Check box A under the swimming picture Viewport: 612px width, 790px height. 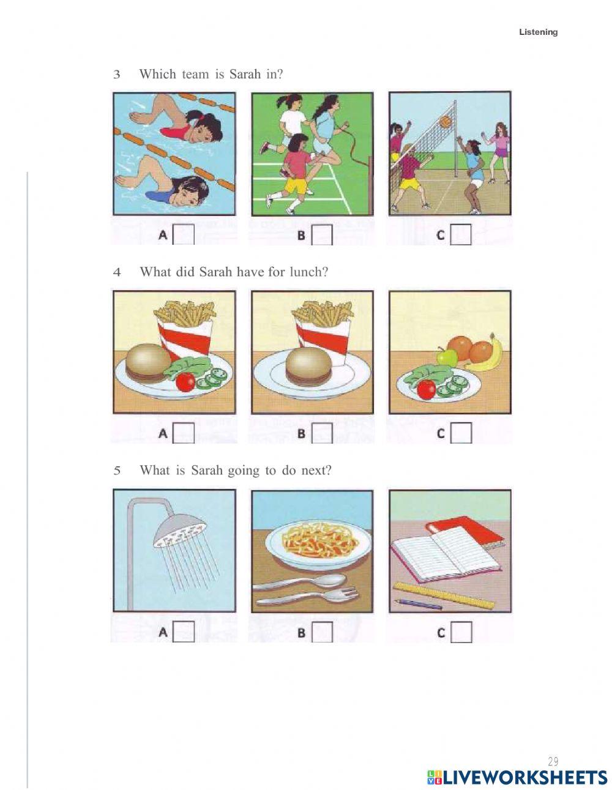[184, 235]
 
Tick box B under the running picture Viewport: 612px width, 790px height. [323, 235]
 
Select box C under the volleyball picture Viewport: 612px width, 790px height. [461, 235]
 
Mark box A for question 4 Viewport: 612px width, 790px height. [184, 433]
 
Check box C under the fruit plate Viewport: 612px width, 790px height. [461, 433]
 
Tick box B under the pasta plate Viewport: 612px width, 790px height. [323, 632]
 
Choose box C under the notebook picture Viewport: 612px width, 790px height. [461, 632]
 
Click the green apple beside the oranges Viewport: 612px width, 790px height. [447, 356]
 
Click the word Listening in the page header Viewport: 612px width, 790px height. [538, 32]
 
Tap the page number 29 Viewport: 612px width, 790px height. [553, 761]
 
